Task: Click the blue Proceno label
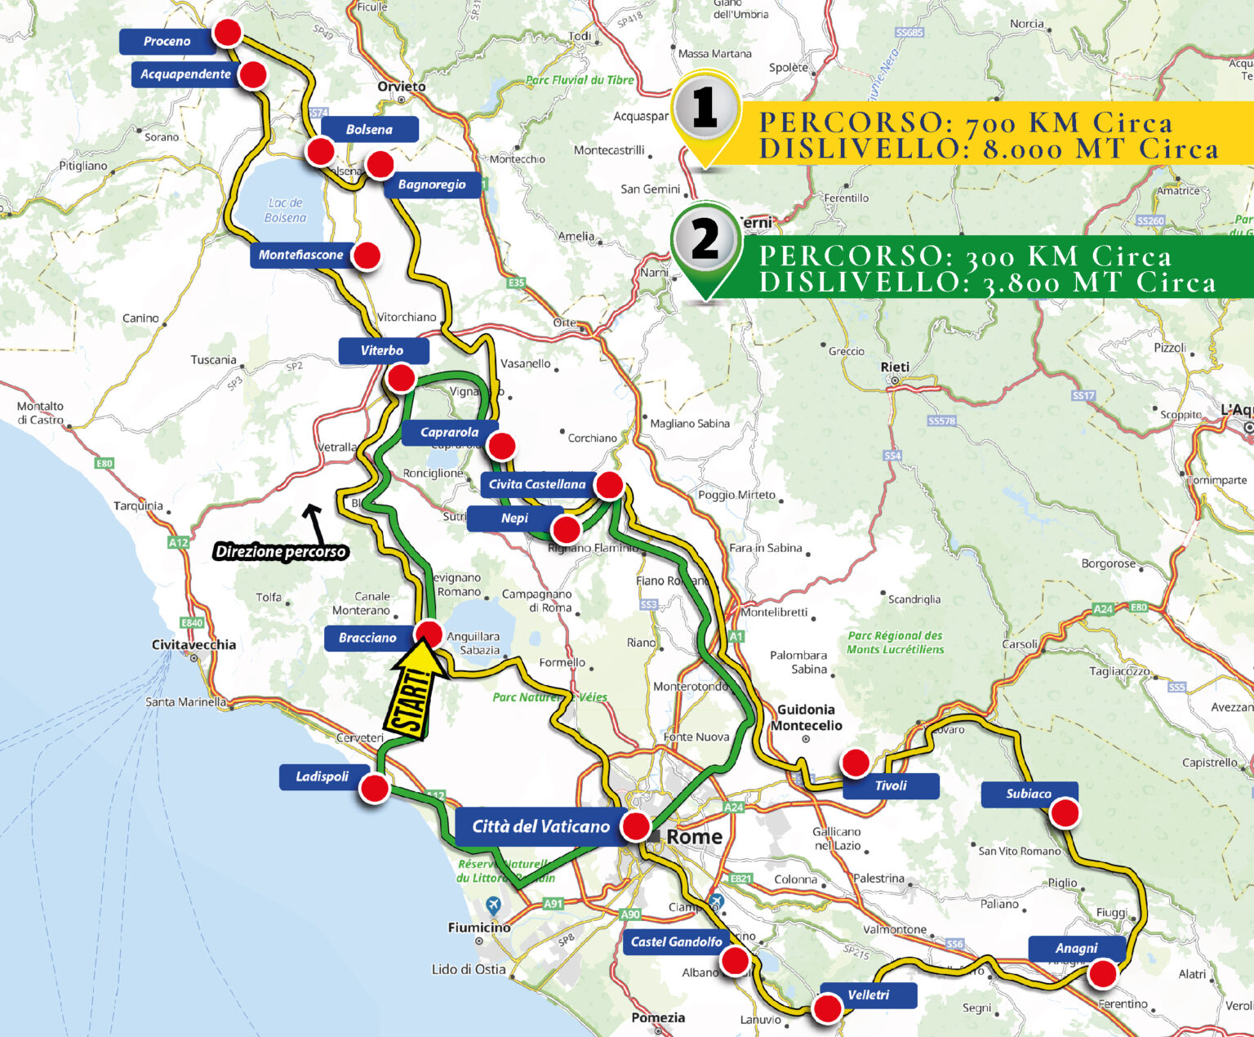coord(167,42)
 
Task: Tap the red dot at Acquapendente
coord(253,75)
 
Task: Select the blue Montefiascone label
coord(300,255)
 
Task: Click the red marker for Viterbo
coord(401,378)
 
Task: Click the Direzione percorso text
coord(281,552)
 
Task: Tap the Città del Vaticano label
coord(540,826)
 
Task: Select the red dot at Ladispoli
coord(374,789)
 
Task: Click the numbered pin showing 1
coord(705,110)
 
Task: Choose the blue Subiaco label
coord(1029,794)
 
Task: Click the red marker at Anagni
coord(1103,973)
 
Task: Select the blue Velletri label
coord(868,995)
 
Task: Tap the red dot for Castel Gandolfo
coord(735,961)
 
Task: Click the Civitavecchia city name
coord(193,645)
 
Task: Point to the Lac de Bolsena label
coord(285,211)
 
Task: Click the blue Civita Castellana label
coord(537,484)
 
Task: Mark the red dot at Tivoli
coord(855,763)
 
